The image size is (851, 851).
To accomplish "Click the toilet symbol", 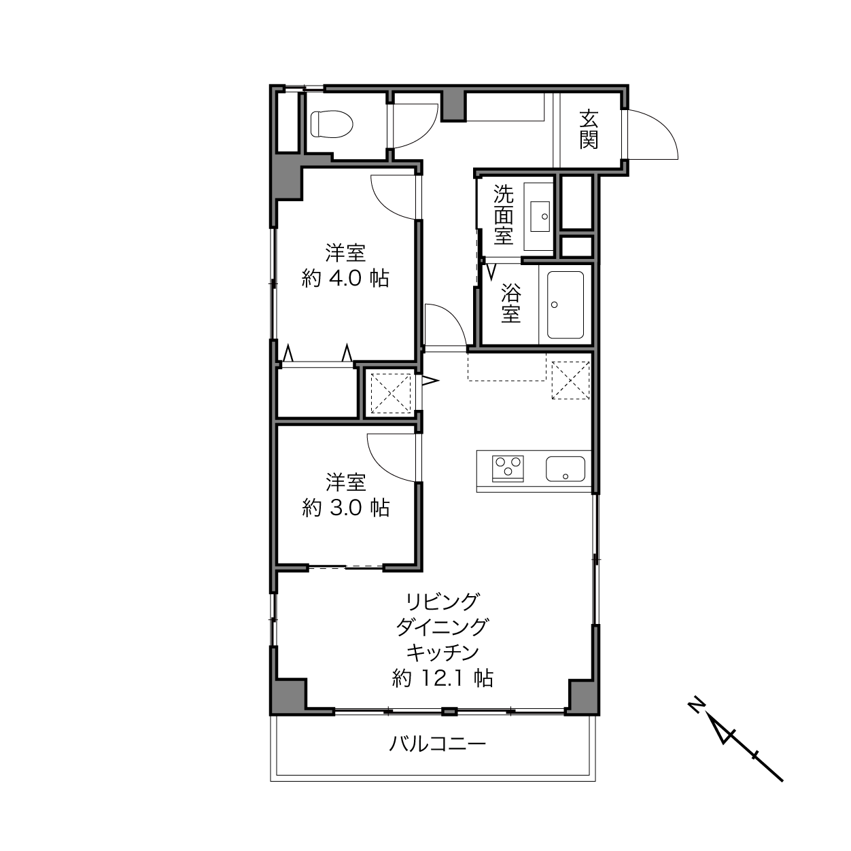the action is [x=331, y=124].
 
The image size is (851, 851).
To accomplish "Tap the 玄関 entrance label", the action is [x=589, y=130].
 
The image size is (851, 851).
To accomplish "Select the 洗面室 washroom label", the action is [x=504, y=214].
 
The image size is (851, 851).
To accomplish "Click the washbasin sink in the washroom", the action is [x=540, y=216].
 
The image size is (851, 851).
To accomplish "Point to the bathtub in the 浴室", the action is [x=566, y=305].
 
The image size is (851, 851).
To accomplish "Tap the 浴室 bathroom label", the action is [x=511, y=303].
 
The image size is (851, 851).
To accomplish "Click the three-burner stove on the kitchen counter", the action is [x=508, y=468].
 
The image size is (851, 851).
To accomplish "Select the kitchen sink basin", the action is [x=566, y=468].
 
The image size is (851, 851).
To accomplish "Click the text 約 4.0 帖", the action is [x=345, y=279].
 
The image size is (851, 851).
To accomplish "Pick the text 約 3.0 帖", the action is [x=345, y=508].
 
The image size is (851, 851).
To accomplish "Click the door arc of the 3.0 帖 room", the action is [x=380, y=466].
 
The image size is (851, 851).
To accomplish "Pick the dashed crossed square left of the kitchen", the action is [x=391, y=394].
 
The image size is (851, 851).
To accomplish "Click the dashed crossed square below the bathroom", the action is [x=570, y=381].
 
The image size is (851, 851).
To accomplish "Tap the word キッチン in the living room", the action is [x=442, y=653].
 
